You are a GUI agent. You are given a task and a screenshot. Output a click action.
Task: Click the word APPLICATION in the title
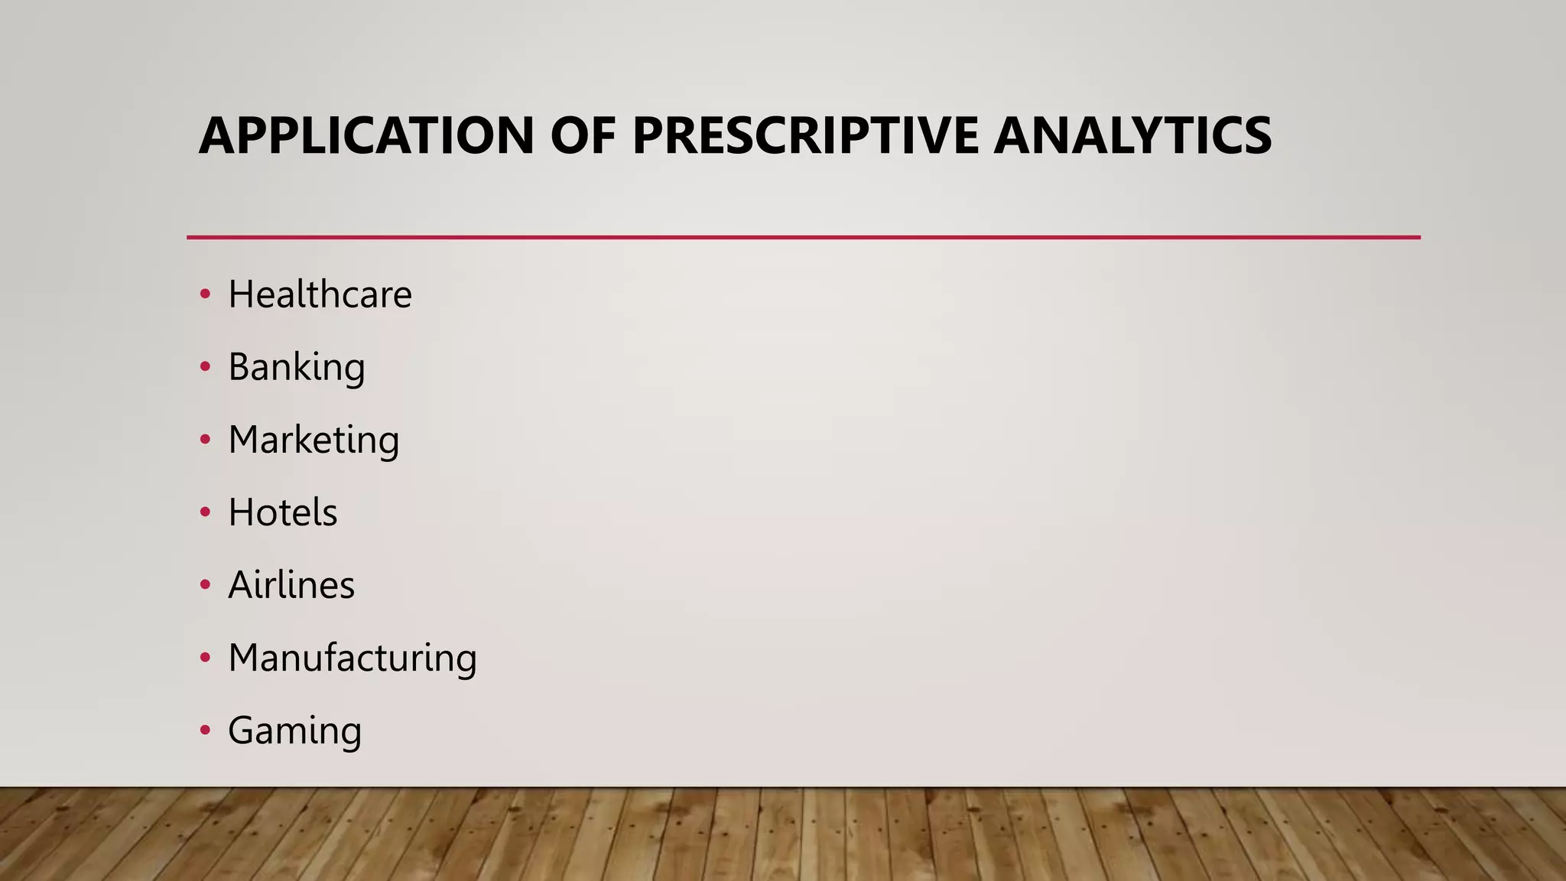coord(366,135)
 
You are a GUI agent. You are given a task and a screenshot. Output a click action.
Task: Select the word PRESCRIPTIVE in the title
coord(805,135)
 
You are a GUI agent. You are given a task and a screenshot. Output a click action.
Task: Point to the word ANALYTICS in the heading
coord(1132,135)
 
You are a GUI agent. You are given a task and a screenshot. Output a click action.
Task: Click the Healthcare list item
coord(320,294)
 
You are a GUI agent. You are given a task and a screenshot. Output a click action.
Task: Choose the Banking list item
coord(297,368)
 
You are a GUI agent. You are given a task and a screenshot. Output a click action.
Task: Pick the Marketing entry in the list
coord(314,440)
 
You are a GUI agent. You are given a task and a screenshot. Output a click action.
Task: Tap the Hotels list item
coord(282,512)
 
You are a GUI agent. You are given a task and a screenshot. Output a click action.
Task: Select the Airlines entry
coord(291,585)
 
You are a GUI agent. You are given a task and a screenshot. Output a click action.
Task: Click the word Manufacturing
coord(353,658)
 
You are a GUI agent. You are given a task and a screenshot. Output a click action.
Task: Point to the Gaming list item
coord(294,731)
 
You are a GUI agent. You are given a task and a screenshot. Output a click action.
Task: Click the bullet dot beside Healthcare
coord(205,295)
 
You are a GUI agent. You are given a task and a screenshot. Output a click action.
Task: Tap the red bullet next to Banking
coord(205,368)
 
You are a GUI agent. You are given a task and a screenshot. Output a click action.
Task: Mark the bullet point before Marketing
coord(205,440)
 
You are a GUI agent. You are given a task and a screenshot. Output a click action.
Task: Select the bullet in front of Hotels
coord(205,513)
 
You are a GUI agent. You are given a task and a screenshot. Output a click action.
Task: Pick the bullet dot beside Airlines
coord(205,586)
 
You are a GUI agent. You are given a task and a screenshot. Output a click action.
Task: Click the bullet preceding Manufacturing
coord(205,658)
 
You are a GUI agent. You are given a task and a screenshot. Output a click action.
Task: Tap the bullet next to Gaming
coord(205,731)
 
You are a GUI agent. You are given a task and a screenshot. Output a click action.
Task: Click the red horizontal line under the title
coord(803,238)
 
